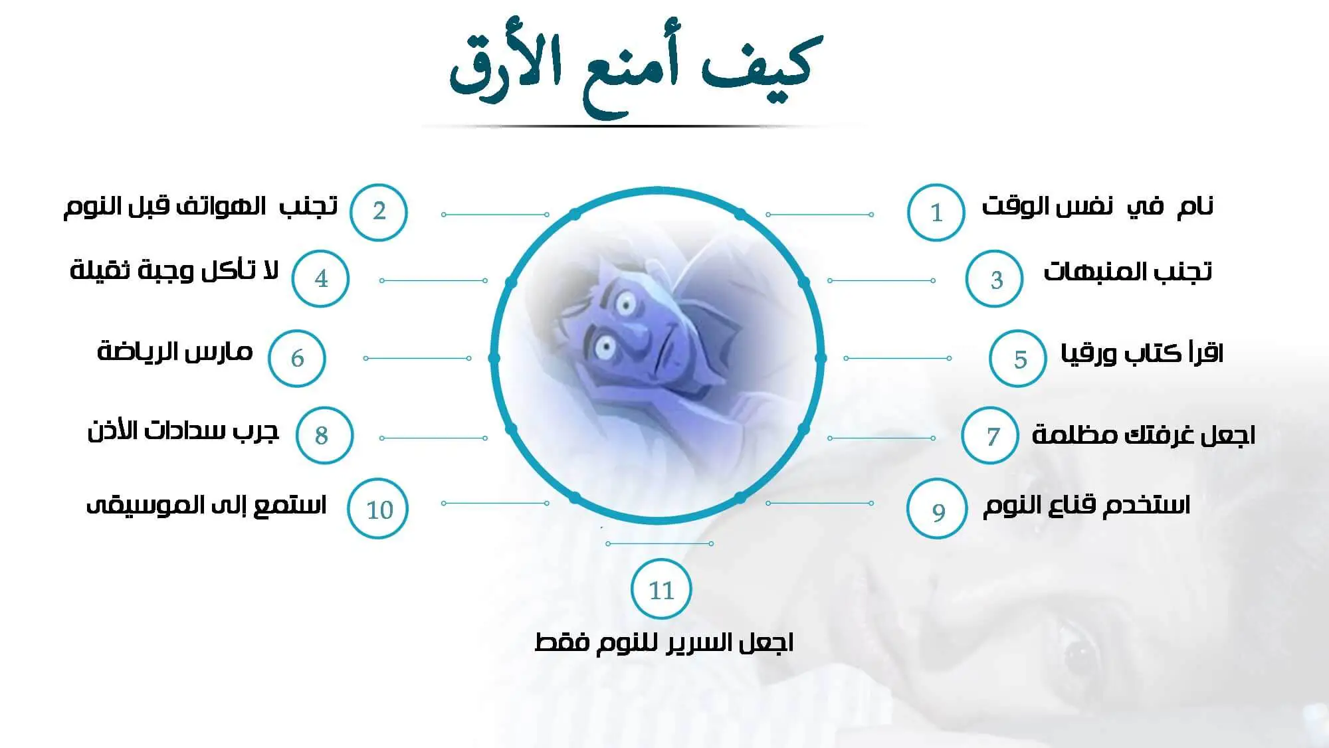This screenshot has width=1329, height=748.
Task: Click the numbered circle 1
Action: pyautogui.click(x=936, y=212)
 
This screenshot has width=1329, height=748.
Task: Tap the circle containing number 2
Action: pyautogui.click(x=379, y=212)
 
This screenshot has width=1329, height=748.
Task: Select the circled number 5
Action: pyautogui.click(x=1018, y=358)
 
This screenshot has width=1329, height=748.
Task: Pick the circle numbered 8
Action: pyautogui.click(x=324, y=435)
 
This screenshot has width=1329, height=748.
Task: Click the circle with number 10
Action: pyautogui.click(x=378, y=509)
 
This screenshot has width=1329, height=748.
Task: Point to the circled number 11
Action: pyautogui.click(x=661, y=589)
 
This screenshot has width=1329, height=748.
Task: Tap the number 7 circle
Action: pyautogui.click(x=990, y=435)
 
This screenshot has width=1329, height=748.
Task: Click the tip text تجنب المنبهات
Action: pyautogui.click(x=1128, y=271)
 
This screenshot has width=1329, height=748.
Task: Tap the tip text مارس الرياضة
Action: pyautogui.click(x=175, y=350)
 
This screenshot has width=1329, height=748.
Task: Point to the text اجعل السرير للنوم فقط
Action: pyautogui.click(x=664, y=642)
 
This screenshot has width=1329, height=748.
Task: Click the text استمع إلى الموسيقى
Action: pyautogui.click(x=206, y=505)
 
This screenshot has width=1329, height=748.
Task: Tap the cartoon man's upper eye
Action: pyautogui.click(x=625, y=305)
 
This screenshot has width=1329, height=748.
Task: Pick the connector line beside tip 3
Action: pyautogui.click(x=881, y=281)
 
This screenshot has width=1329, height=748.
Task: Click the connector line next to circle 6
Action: pyautogui.click(x=417, y=358)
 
